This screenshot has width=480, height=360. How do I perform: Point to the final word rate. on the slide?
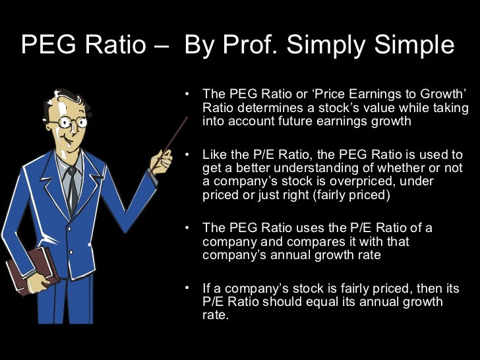point(215,315)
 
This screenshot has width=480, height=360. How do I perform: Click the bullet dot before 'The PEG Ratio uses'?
point(189,228)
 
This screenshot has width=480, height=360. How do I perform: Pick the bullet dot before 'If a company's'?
point(189,289)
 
